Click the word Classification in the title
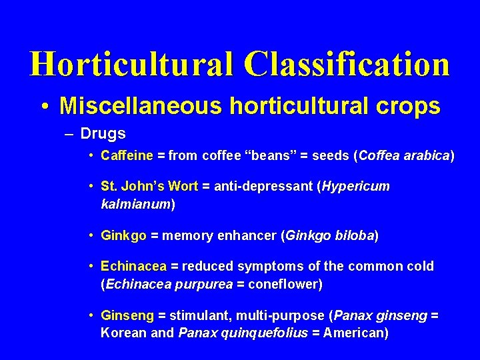pyautogui.click(x=347, y=64)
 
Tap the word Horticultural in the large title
pyautogui.click(x=130, y=64)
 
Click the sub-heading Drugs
pyautogui.click(x=103, y=133)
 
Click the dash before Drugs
pyautogui.click(x=70, y=133)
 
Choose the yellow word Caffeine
pyautogui.click(x=127, y=156)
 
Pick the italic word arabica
pyautogui.click(x=427, y=156)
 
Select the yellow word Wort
pyautogui.click(x=183, y=186)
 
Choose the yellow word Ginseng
pyautogui.click(x=127, y=315)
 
